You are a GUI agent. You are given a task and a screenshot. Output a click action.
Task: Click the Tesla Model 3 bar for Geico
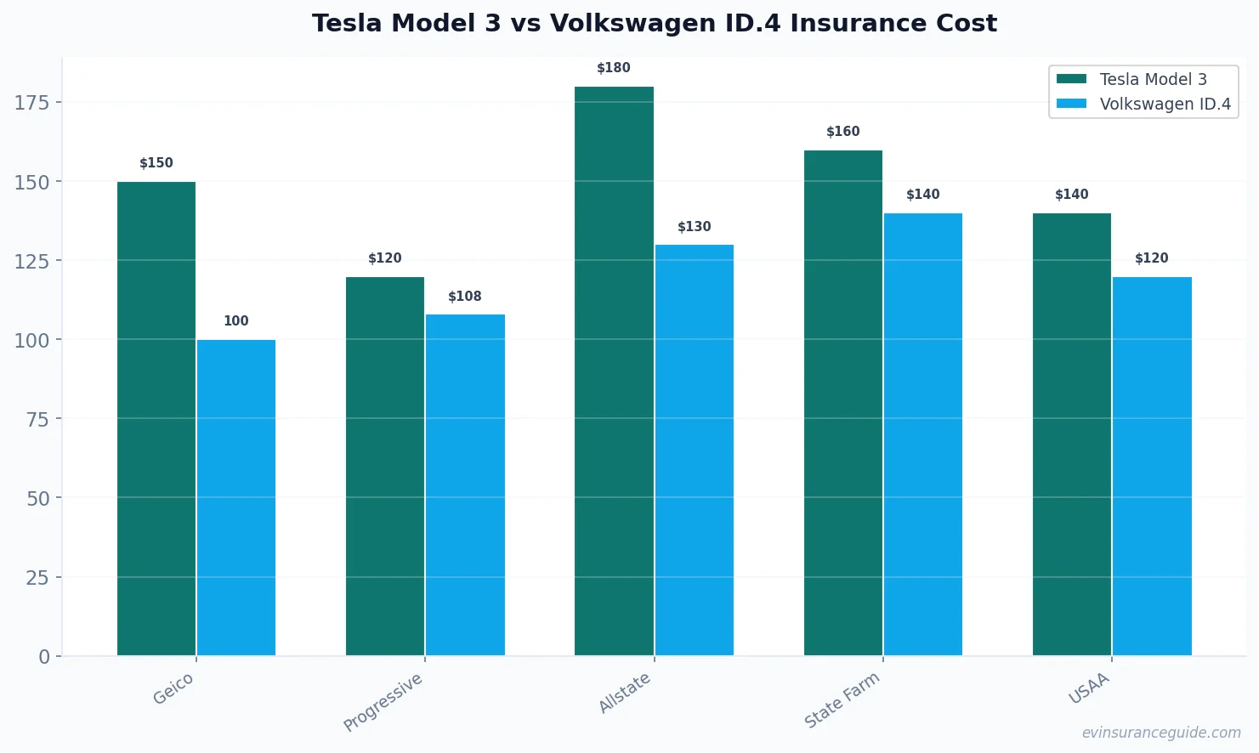[156, 418]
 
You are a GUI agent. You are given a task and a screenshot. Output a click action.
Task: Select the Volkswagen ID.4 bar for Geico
[236, 497]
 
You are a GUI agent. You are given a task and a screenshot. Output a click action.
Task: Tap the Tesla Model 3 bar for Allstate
[614, 371]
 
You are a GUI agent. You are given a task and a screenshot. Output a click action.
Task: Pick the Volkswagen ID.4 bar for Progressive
[465, 484]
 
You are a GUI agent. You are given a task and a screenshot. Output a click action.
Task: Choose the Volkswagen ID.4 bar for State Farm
[922, 434]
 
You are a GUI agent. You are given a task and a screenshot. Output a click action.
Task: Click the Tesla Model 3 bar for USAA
[1071, 434]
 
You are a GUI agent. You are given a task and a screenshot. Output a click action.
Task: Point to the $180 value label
[614, 68]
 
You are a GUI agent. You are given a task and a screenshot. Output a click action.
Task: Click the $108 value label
[465, 297]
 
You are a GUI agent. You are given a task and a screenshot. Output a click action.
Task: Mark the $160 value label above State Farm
[842, 132]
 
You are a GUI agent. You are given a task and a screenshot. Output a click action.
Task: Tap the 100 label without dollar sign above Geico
[236, 321]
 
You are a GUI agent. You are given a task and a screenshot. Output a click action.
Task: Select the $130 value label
[694, 227]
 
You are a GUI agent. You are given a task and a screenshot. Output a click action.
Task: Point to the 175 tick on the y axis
[32, 103]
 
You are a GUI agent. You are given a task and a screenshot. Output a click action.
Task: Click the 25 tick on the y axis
[37, 578]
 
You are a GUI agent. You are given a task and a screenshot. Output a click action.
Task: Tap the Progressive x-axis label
[383, 702]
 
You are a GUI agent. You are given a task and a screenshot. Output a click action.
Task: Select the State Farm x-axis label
[842, 699]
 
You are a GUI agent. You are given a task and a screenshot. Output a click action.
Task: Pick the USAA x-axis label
[1090, 688]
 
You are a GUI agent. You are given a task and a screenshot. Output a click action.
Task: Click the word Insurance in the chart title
[859, 23]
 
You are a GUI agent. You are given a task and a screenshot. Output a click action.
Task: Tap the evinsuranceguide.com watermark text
[1161, 733]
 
